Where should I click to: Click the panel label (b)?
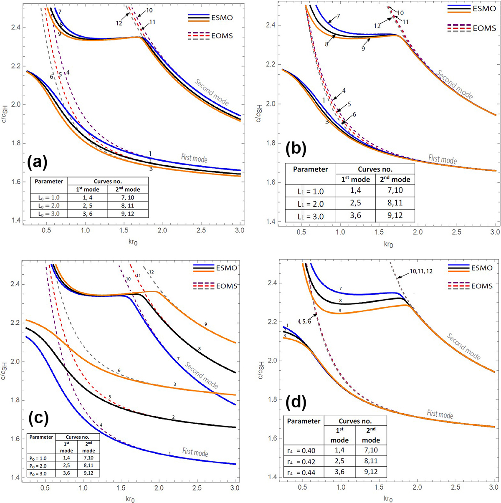296,148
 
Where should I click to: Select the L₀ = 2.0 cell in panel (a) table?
47,205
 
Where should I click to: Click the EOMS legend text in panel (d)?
481,286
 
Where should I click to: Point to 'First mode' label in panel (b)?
443,159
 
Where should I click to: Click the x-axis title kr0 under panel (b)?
388,244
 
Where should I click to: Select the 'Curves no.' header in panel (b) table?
375,169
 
